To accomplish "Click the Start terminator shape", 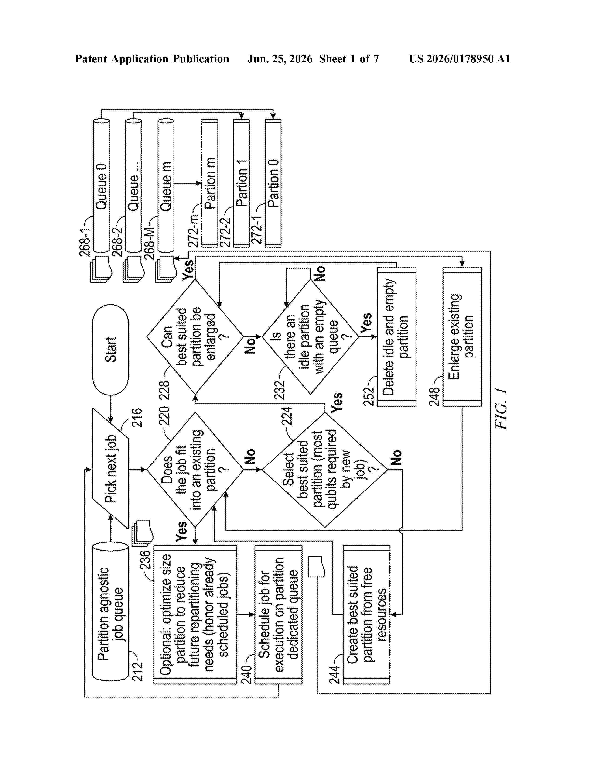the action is point(110,349).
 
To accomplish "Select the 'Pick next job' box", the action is point(110,469).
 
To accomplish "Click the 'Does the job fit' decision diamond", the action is point(195,469).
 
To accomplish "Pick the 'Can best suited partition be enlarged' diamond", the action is point(195,336).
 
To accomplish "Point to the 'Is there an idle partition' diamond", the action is point(310,336).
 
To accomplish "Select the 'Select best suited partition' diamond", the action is point(325,469).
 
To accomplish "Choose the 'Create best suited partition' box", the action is point(367,615).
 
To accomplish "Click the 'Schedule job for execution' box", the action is point(278,615).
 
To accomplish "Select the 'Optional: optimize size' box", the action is point(195,615).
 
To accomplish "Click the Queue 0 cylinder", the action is point(101,185).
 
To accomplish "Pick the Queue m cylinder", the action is point(166,185).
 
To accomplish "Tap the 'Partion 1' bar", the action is point(241,183).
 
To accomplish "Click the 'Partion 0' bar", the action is point(273,183).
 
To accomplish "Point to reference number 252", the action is point(369,396).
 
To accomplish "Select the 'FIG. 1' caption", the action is point(501,409).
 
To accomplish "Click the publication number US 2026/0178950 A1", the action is point(460,59).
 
